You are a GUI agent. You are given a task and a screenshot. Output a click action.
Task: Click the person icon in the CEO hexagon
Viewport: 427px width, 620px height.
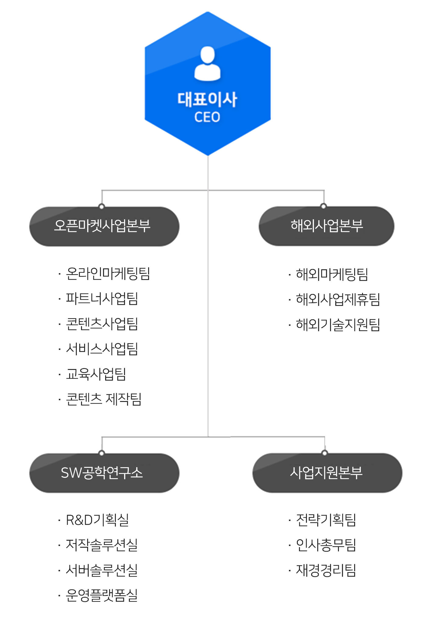click(207, 64)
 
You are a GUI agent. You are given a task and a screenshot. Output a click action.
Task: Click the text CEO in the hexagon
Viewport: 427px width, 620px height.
click(207, 117)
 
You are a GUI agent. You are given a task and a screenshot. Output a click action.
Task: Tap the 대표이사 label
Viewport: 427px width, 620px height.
click(207, 99)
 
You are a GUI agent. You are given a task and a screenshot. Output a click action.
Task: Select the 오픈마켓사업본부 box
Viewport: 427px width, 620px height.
click(104, 226)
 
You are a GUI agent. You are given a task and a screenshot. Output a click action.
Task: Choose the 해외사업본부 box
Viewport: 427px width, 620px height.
click(326, 226)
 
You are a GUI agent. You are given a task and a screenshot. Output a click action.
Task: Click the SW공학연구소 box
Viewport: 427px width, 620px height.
click(104, 473)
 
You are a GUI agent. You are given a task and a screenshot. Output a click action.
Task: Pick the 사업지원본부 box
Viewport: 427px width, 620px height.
click(327, 473)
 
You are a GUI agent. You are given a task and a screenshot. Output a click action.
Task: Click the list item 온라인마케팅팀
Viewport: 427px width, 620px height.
click(108, 274)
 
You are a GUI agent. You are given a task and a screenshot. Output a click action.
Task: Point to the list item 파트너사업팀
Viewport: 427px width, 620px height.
click(102, 299)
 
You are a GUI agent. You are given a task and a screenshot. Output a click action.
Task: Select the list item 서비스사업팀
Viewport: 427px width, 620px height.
click(102, 349)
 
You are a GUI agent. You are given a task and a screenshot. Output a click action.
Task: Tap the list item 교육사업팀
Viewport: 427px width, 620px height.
click(96, 374)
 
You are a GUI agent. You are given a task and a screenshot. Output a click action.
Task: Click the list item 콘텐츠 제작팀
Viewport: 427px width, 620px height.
click(104, 399)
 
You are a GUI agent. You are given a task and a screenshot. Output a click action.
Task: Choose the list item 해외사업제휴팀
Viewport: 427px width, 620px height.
click(338, 299)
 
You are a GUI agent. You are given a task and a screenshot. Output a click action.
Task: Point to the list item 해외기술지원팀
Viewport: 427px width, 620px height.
click(338, 324)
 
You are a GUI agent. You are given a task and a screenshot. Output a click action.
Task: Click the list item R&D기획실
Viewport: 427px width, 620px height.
click(98, 520)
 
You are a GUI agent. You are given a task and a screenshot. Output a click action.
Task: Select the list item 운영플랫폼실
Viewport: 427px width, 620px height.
click(102, 595)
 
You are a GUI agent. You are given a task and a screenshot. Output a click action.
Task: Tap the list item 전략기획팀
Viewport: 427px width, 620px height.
click(326, 520)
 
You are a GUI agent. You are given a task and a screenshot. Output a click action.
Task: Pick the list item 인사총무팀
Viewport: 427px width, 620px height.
click(326, 545)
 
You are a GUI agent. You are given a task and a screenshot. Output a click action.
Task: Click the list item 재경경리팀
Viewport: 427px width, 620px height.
click(326, 570)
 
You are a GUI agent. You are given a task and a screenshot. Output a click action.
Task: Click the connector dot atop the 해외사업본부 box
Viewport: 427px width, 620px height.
click(324, 206)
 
